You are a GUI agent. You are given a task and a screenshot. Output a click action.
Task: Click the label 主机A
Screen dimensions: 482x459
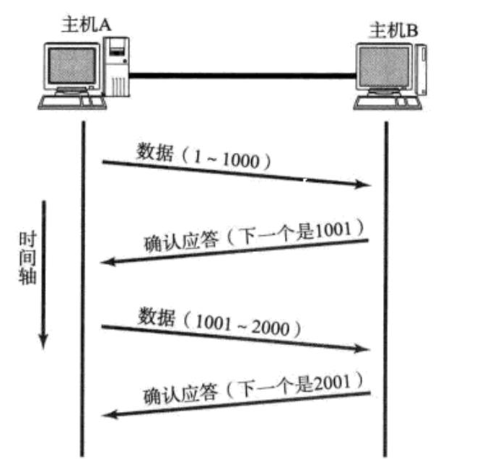(87, 27)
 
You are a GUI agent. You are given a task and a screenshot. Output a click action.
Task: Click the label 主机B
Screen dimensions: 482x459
(393, 31)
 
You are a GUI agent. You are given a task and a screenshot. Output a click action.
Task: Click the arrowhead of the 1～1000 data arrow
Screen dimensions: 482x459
(364, 186)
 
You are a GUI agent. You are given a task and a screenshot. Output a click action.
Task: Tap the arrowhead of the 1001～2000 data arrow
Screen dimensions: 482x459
(364, 350)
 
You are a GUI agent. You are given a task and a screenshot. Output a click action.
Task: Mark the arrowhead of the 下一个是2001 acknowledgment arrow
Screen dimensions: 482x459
(108, 414)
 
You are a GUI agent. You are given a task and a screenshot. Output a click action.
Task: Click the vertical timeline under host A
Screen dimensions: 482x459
(84, 289)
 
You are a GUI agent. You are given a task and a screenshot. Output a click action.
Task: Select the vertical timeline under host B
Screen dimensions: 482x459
(386, 289)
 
